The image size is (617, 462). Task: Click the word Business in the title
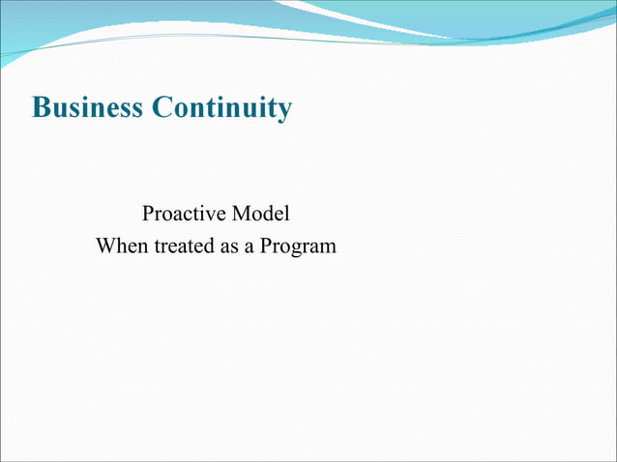tap(88, 107)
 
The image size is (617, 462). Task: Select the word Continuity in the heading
tap(221, 107)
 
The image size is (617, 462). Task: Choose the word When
tap(118, 245)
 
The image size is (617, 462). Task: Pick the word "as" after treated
tap(228, 245)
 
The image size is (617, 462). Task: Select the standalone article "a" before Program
tap(249, 245)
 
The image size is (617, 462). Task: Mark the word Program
tap(298, 245)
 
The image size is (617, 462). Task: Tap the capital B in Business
tap(41, 107)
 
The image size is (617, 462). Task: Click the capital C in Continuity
tap(162, 107)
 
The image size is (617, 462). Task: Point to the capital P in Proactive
tap(148, 213)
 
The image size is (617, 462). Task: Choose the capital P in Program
tap(266, 245)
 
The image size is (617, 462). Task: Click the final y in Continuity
tap(283, 109)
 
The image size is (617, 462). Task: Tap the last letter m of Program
tap(329, 247)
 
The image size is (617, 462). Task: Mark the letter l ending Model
tap(286, 213)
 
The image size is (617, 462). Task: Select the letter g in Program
tap(295, 248)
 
